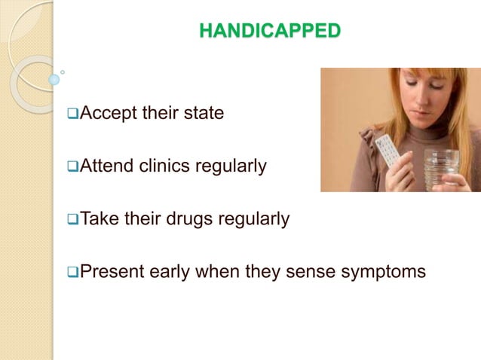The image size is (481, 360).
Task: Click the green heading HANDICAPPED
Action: pyautogui.click(x=270, y=31)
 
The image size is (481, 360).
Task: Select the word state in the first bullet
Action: pyautogui.click(x=204, y=115)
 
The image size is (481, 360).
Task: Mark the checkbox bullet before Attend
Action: pyautogui.click(x=72, y=166)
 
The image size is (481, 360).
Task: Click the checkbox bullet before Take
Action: pyautogui.click(x=72, y=220)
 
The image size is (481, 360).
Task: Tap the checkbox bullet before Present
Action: pyautogui.click(x=72, y=272)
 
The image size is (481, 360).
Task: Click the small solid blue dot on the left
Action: pyautogui.click(x=54, y=79)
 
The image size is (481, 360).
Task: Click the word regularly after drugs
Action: pyautogui.click(x=253, y=219)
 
